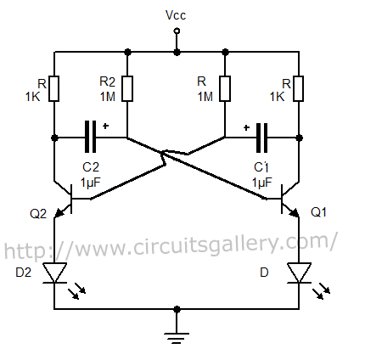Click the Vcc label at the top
pos(176,14)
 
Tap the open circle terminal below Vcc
pos(176,31)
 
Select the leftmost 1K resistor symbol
pos(53,87)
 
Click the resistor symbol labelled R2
pos(126,87)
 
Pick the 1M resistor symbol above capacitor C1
pos(224,87)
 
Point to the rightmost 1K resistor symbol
pos(299,87)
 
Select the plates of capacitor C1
pos(261,136)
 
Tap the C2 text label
pos(90,168)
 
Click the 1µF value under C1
pos(261,182)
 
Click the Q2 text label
pos(38,213)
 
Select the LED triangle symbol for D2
pos(53,273)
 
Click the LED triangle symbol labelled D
pos(299,273)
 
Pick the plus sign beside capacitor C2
pos(107,126)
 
